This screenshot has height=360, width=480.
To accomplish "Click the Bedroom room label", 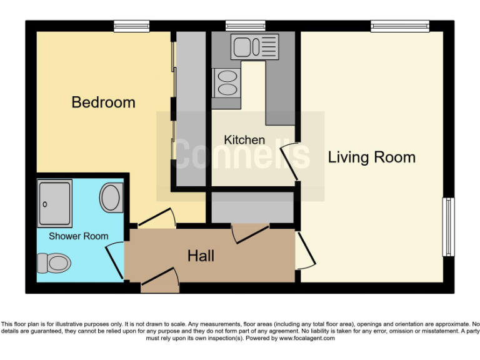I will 103,102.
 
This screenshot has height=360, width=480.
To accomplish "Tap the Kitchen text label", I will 244,139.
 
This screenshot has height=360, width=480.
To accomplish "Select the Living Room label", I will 371,157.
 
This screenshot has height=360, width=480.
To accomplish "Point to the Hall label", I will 201,255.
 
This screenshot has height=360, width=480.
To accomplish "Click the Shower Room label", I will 78,236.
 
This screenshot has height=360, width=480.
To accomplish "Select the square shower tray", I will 54,202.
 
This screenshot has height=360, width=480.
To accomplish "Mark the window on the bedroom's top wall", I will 132,26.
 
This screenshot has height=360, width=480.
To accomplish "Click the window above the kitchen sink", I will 246,26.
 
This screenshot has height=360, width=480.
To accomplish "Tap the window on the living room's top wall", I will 400,26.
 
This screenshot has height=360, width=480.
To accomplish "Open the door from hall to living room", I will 304,250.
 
